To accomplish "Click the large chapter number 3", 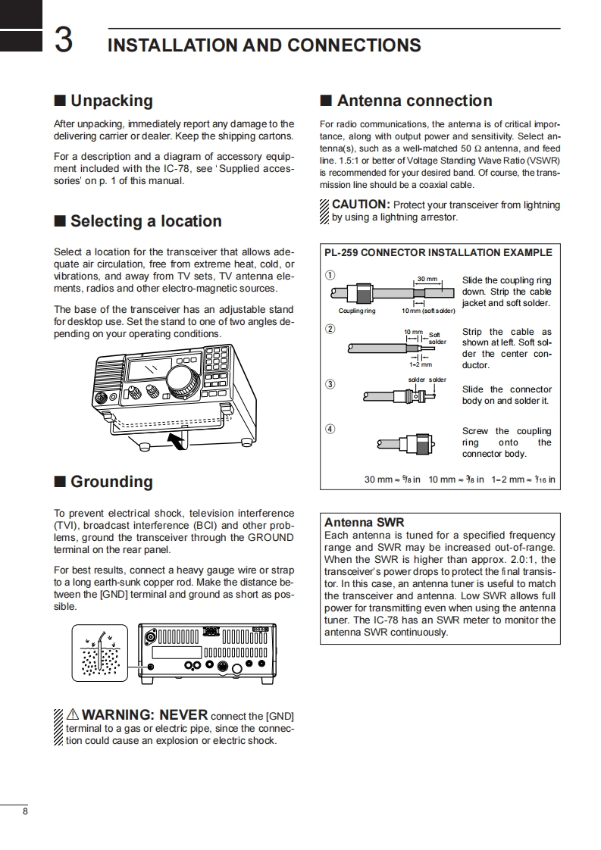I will click(64, 41).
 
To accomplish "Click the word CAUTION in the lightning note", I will click(361, 205).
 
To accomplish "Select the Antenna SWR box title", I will click(364, 522).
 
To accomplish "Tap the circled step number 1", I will click(330, 274).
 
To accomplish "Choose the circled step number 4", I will click(330, 429).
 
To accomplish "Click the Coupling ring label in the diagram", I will click(357, 311).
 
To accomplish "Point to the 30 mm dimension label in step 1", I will click(427, 280).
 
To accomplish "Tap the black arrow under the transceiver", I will click(177, 441).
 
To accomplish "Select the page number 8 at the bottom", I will click(25, 812).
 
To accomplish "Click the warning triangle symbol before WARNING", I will click(73, 714).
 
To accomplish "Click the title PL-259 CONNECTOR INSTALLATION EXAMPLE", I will click(438, 252).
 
